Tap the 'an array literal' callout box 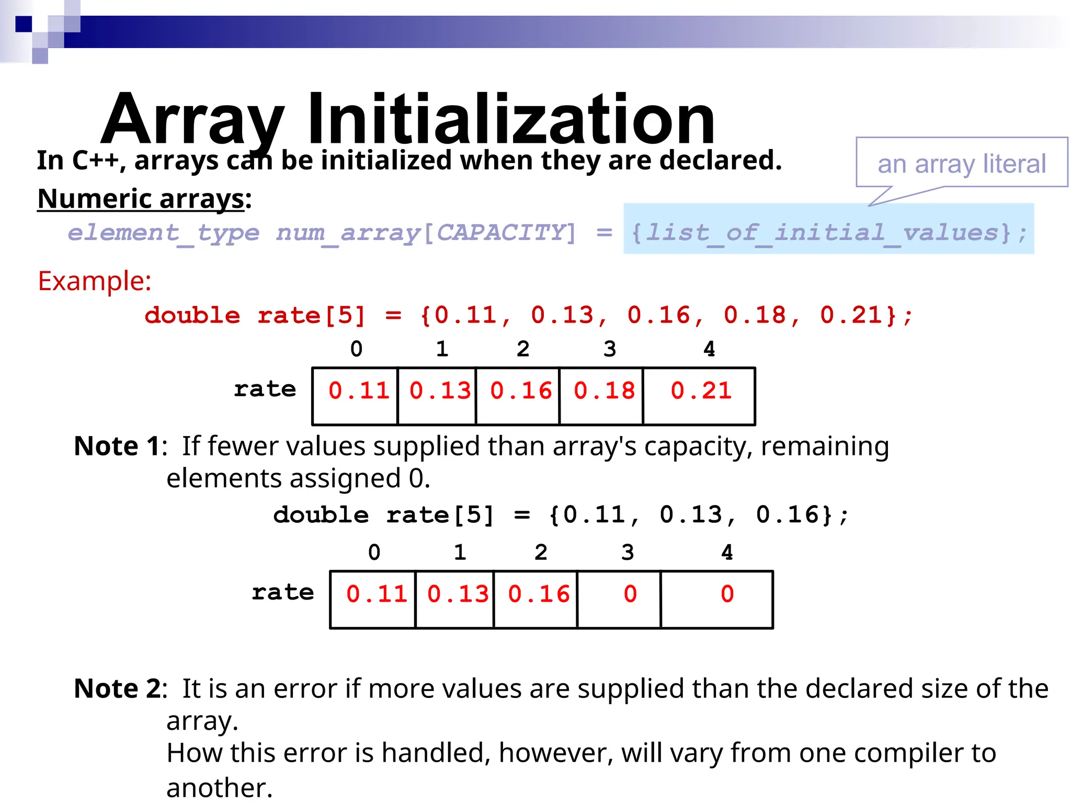coord(961,163)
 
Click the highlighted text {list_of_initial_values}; coord(828,232)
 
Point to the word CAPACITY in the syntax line coord(500,232)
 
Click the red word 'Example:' coord(95,281)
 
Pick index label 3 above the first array coord(610,349)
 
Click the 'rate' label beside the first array coord(265,389)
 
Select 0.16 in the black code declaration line coord(787,515)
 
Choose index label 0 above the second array coord(374,553)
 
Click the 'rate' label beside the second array coord(282,592)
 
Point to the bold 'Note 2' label coord(117,689)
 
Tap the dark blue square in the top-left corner coord(24,24)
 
